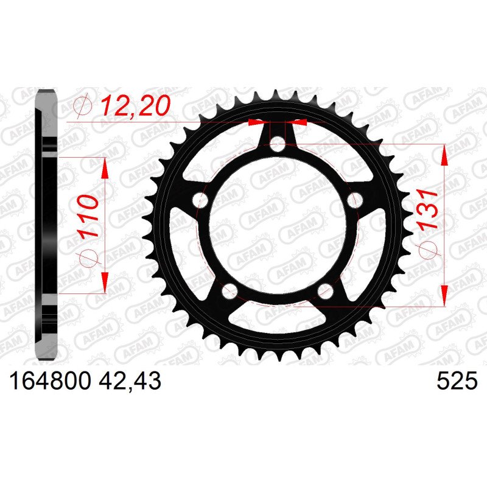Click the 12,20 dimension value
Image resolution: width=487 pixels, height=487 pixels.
point(136,105)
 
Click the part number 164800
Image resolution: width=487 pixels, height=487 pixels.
point(51,381)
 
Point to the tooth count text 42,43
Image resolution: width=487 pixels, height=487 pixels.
point(130,381)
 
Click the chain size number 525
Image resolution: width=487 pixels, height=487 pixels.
point(457,381)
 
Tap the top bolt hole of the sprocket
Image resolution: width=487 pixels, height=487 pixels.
point(277,144)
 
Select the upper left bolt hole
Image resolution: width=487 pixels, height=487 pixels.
point(200,201)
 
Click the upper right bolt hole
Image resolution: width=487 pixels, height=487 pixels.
point(355,200)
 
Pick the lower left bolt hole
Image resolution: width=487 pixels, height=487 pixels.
point(229,291)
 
